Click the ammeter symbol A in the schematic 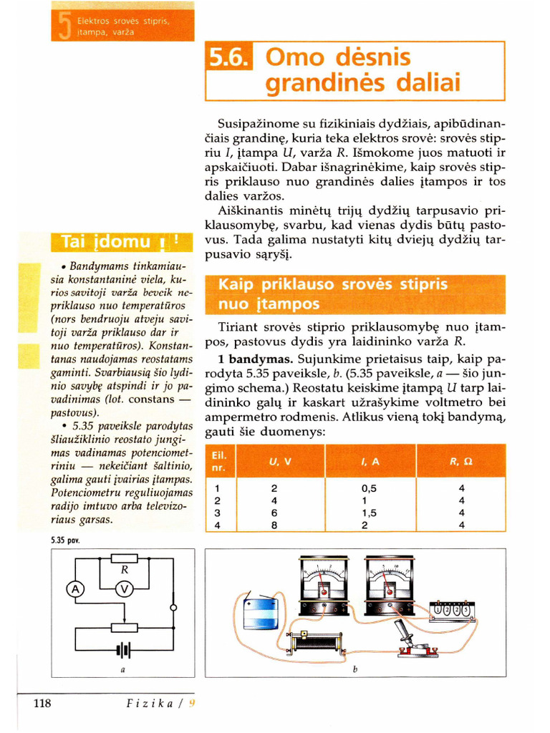[x=75, y=589]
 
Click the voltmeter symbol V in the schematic [x=125, y=589]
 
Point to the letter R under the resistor [x=124, y=571]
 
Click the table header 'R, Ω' [x=460, y=462]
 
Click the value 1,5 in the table [x=370, y=513]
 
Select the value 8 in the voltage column [x=274, y=525]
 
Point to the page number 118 [x=42, y=704]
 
